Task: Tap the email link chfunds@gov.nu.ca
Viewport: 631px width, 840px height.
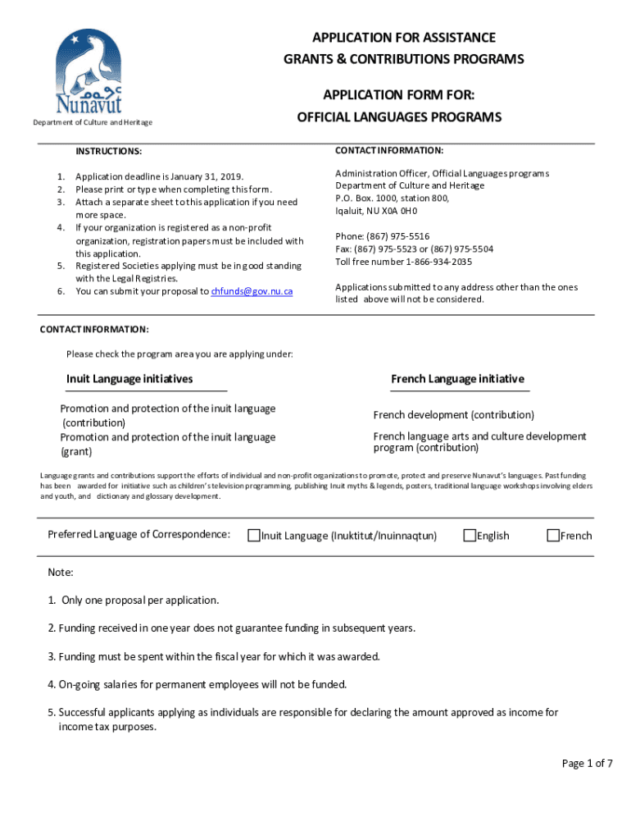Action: coord(252,291)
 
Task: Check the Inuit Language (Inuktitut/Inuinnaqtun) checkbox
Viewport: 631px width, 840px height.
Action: coord(255,536)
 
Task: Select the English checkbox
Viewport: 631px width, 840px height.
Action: coord(470,536)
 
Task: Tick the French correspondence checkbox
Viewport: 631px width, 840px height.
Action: coord(553,536)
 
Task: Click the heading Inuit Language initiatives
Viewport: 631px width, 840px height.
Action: coord(129,379)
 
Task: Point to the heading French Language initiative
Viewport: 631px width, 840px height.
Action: coord(457,379)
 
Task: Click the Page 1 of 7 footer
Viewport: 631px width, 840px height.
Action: coord(587,764)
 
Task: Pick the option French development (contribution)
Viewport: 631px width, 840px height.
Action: coord(453,415)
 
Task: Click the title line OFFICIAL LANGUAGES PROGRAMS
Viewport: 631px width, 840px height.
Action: coord(399,118)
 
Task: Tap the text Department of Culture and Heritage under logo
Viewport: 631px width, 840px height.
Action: coord(92,123)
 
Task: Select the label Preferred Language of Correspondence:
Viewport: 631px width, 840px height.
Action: coord(138,535)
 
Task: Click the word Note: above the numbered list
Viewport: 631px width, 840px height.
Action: coord(61,572)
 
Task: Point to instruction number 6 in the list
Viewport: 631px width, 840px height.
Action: coord(61,291)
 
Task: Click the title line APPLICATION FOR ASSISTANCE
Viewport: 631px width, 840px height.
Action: coord(403,38)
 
